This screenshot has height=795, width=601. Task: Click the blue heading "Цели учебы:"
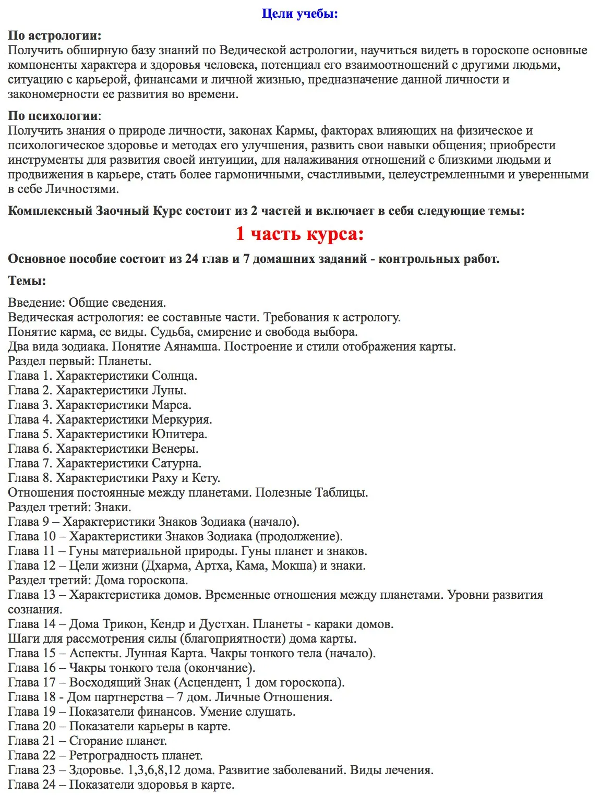[300, 14]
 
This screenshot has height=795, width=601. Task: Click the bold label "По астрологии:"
[55, 35]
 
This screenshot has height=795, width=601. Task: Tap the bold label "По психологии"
[53, 116]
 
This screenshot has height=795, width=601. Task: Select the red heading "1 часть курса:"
[299, 233]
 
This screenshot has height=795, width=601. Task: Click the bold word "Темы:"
[27, 281]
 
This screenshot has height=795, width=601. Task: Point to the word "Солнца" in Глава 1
[174, 376]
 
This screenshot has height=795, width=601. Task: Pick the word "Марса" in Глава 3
[171, 405]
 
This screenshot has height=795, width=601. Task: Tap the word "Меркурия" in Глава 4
[181, 419]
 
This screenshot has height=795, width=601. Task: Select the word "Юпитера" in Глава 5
[179, 434]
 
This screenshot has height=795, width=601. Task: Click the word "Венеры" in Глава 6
[175, 449]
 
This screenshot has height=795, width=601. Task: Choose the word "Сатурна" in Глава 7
[176, 463]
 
